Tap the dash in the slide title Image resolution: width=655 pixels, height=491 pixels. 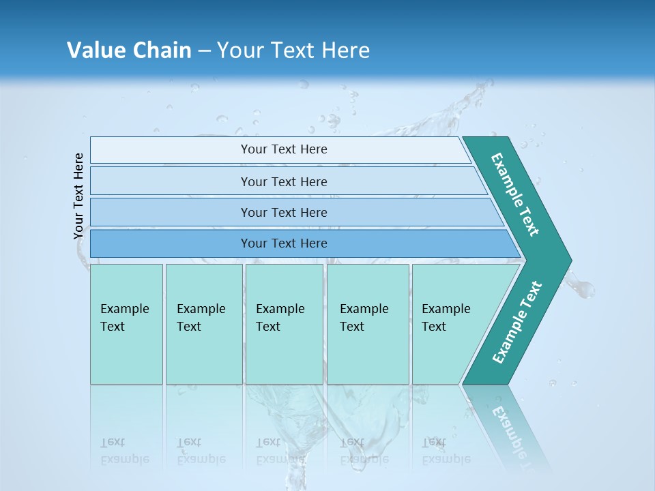point(204,51)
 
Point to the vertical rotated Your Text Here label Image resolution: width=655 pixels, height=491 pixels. point(78,196)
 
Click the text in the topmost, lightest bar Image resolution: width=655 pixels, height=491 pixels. point(284,149)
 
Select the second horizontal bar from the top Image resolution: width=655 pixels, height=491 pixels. point(284,181)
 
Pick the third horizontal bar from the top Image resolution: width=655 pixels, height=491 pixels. point(284,212)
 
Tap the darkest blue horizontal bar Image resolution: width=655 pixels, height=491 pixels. point(284,243)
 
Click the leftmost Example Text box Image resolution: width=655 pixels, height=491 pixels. point(126,324)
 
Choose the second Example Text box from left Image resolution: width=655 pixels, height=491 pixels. point(204,324)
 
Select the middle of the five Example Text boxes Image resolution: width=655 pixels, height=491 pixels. point(284,324)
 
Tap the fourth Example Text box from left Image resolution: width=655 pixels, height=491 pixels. point(368,324)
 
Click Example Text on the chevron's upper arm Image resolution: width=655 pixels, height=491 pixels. point(516,194)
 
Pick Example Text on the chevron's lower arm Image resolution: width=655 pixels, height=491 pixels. point(516,323)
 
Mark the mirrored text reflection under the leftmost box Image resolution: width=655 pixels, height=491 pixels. point(125,451)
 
